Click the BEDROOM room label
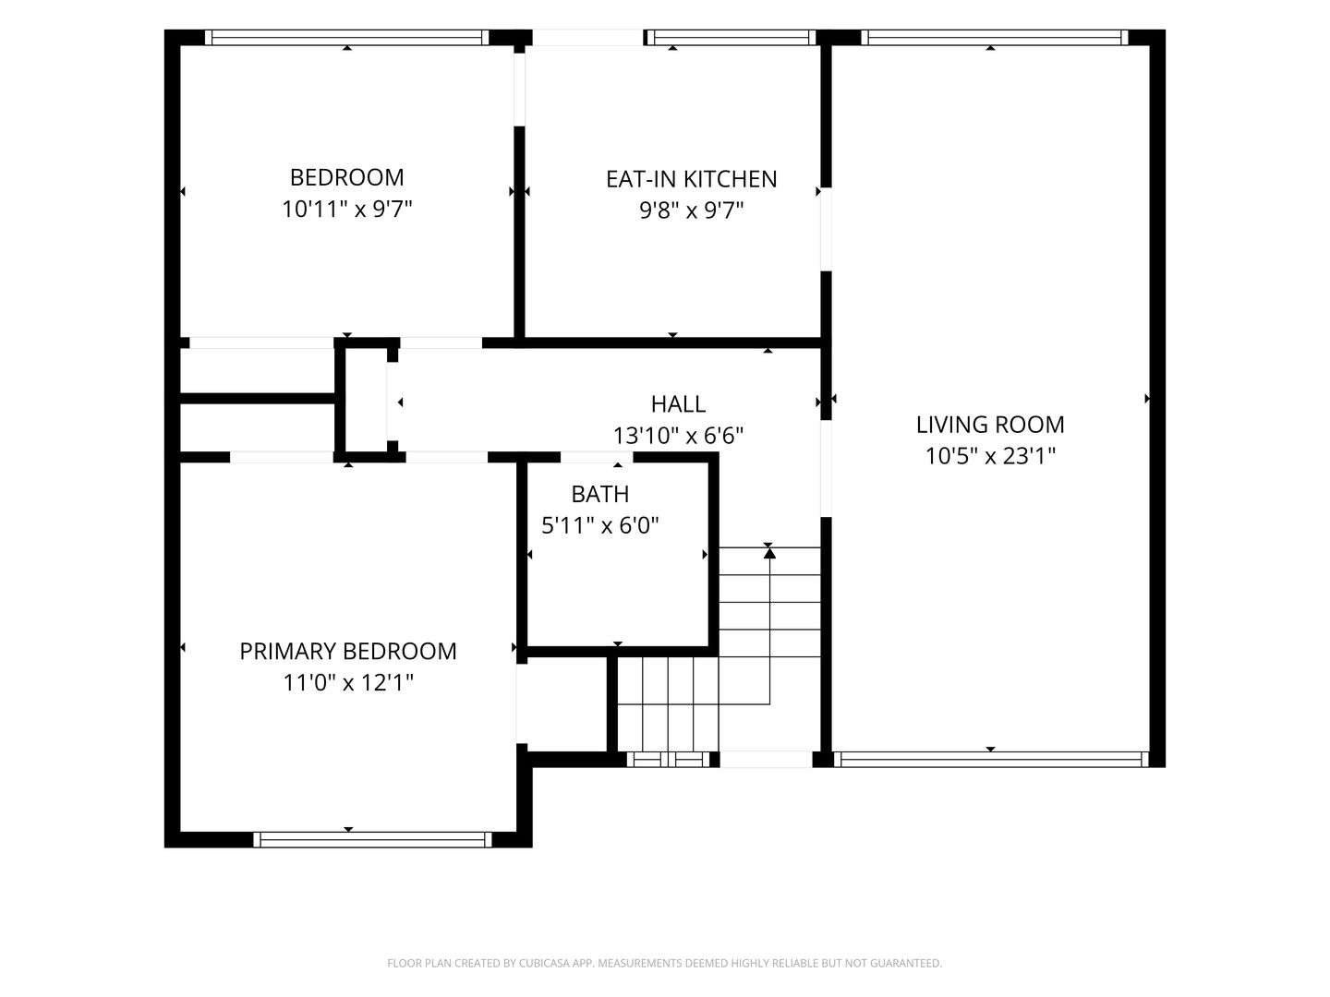[x=346, y=177]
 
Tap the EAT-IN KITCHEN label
[x=692, y=179]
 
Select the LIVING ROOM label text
[x=990, y=425]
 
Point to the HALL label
[x=678, y=403]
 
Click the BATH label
[x=599, y=494]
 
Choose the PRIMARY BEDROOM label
[x=348, y=652]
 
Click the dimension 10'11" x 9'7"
[x=346, y=210]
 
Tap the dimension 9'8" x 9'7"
[x=692, y=210]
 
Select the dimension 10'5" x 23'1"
[x=990, y=456]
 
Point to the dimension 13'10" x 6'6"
[x=678, y=435]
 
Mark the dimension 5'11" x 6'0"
[x=599, y=525]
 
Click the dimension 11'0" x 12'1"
[x=348, y=683]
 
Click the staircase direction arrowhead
[x=769, y=552]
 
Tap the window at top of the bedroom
[x=346, y=38]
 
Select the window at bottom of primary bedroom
[x=372, y=840]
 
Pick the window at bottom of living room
[x=991, y=760]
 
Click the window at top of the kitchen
[x=731, y=38]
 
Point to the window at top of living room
[x=995, y=38]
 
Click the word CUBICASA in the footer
[x=545, y=963]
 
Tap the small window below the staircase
[x=669, y=760]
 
